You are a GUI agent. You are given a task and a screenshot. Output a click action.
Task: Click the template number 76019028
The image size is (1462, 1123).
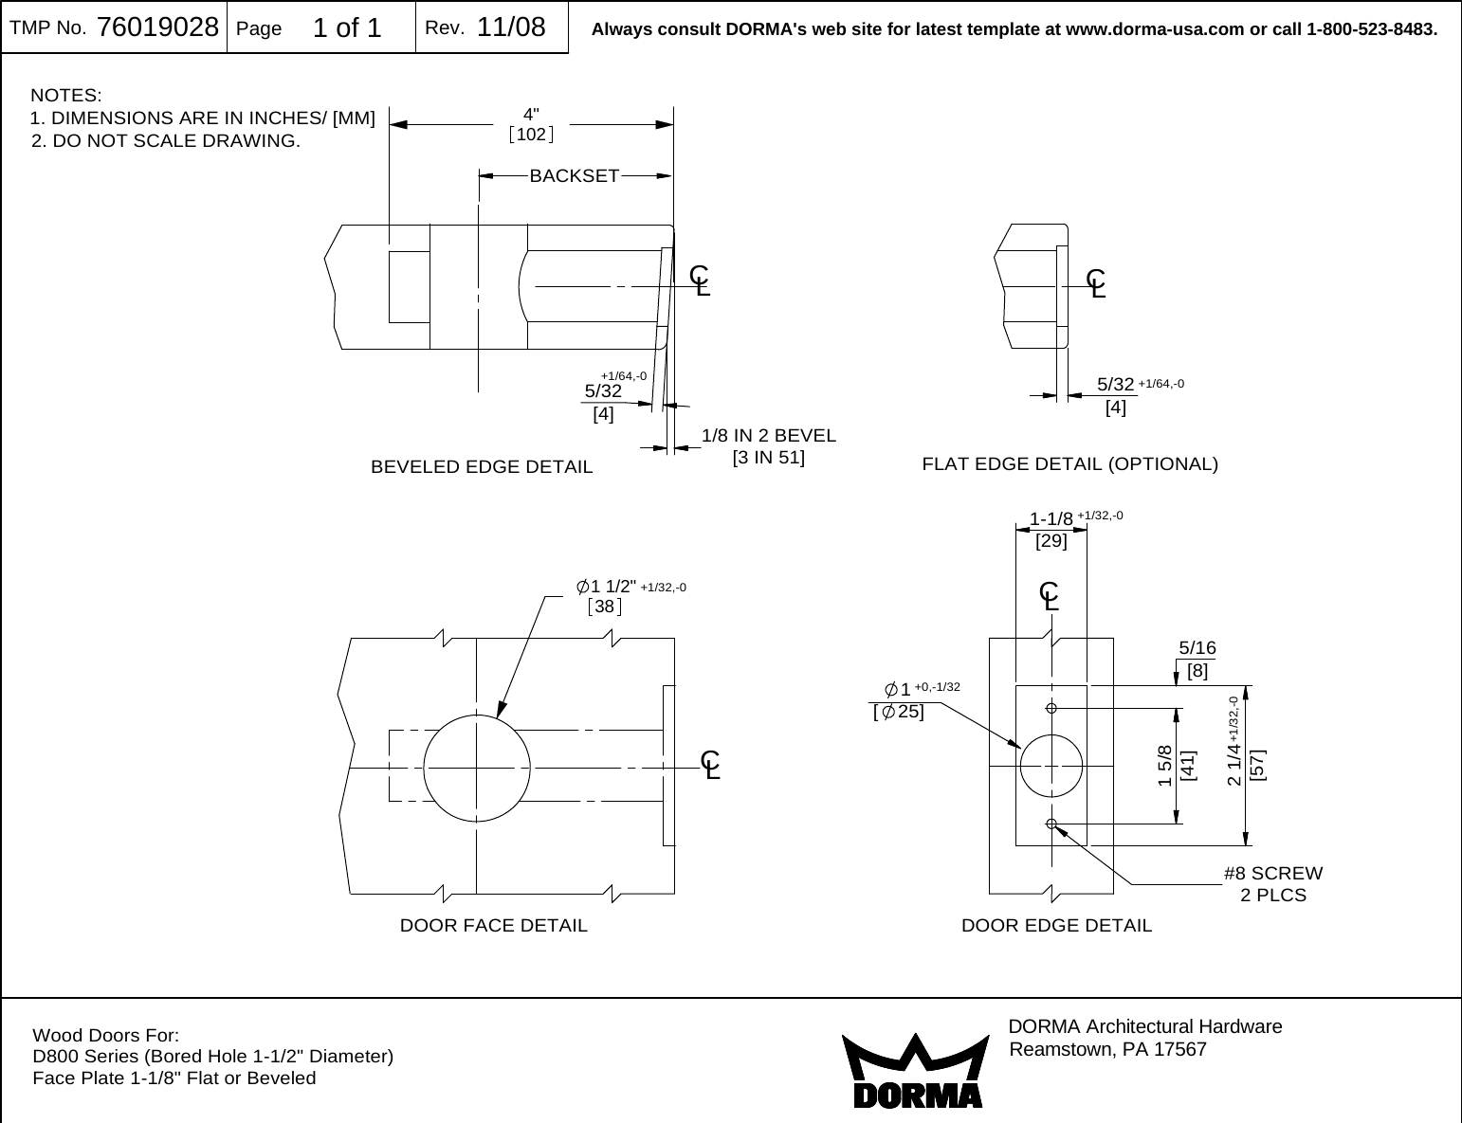(x=157, y=27)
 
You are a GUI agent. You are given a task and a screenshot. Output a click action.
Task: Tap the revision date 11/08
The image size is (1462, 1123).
(x=511, y=27)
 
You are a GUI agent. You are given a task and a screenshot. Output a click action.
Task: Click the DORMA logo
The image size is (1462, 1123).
(x=912, y=1072)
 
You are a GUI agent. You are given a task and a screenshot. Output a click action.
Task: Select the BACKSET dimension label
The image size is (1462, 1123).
(x=574, y=175)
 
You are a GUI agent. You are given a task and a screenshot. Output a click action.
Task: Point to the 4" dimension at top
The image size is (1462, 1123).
(x=531, y=116)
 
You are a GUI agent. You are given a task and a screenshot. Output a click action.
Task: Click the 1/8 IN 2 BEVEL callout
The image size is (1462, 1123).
(x=768, y=436)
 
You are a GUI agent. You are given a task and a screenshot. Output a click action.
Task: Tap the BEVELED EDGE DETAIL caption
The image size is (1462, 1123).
(x=482, y=467)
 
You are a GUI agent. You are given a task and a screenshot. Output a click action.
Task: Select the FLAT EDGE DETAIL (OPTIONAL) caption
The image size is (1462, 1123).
(x=1069, y=464)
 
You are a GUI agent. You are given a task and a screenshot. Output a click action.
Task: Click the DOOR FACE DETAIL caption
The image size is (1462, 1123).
(x=494, y=925)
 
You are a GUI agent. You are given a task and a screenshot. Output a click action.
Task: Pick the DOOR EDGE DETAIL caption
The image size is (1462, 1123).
(x=1056, y=925)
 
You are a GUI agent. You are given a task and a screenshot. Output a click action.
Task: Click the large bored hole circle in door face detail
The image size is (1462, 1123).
(x=476, y=767)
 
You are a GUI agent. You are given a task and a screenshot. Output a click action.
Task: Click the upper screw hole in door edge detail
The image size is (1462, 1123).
(x=1051, y=707)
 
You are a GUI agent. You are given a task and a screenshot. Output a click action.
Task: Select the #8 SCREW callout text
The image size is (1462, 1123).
(x=1272, y=873)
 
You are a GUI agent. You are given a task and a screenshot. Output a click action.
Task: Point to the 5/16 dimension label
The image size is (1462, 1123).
(x=1197, y=648)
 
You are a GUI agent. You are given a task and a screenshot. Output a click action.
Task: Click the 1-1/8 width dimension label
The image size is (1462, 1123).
(x=1051, y=518)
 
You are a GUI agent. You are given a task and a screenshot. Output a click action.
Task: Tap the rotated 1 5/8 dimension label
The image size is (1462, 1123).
(x=1164, y=766)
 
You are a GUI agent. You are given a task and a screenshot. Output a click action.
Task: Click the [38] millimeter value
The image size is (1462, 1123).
(x=604, y=607)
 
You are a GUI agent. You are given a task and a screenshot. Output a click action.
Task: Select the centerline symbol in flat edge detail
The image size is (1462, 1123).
(x=1097, y=282)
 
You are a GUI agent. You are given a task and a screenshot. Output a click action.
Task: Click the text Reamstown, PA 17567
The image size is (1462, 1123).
(x=1108, y=1050)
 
